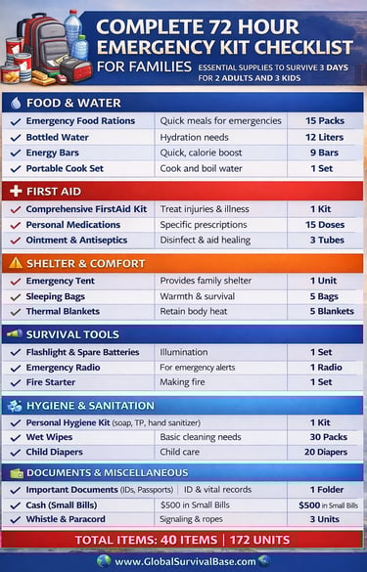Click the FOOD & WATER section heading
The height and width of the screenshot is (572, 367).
click(x=73, y=102)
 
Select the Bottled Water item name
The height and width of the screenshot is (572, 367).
click(x=58, y=137)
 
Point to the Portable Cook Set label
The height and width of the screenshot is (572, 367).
click(x=67, y=168)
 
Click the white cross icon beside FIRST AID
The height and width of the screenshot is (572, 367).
click(x=15, y=191)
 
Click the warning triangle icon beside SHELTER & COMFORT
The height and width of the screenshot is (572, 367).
click(x=15, y=262)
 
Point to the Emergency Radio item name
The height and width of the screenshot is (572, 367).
click(x=65, y=368)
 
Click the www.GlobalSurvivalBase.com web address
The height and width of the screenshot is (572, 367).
click(x=183, y=561)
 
